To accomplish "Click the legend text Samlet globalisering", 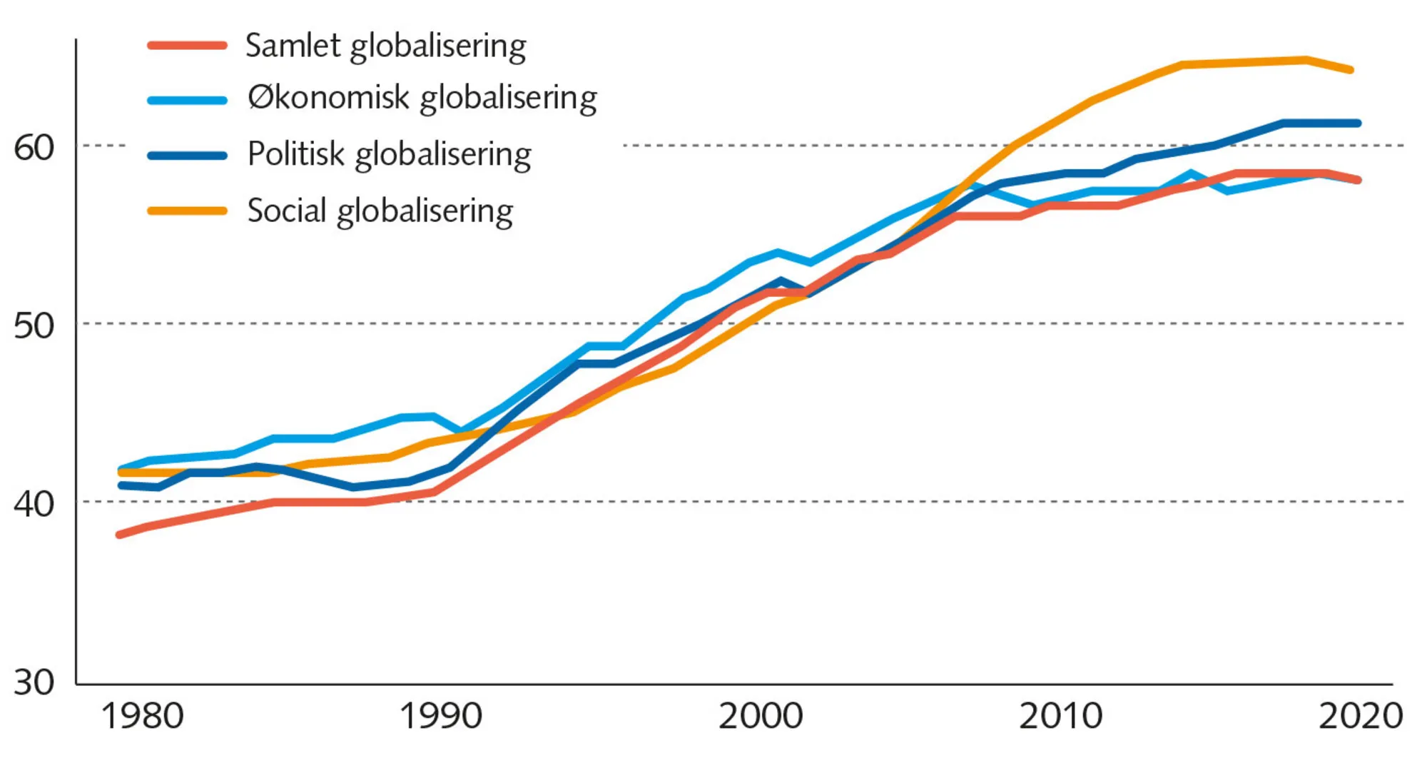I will click(385, 46).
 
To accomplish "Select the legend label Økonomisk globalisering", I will click(422, 98).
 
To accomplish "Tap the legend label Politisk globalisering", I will click(389, 154).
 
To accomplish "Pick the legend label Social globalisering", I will click(380, 211).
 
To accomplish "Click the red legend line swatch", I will click(187, 46).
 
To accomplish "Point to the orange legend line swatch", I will click(187, 211).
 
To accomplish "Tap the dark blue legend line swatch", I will click(187, 155).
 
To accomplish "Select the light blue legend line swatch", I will click(187, 100).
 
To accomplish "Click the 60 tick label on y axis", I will click(34, 148).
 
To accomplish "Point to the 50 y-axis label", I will click(34, 326).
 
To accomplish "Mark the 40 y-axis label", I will click(34, 504).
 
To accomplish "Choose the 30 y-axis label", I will click(34, 682).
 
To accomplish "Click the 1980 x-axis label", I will click(143, 716).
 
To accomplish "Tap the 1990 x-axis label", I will click(440, 716).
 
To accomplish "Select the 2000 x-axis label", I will click(761, 716).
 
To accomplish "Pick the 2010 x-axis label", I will click(1060, 716).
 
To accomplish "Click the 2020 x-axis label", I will click(1360, 716).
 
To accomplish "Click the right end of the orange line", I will click(1350, 70).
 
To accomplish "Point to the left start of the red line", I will click(120, 534).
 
